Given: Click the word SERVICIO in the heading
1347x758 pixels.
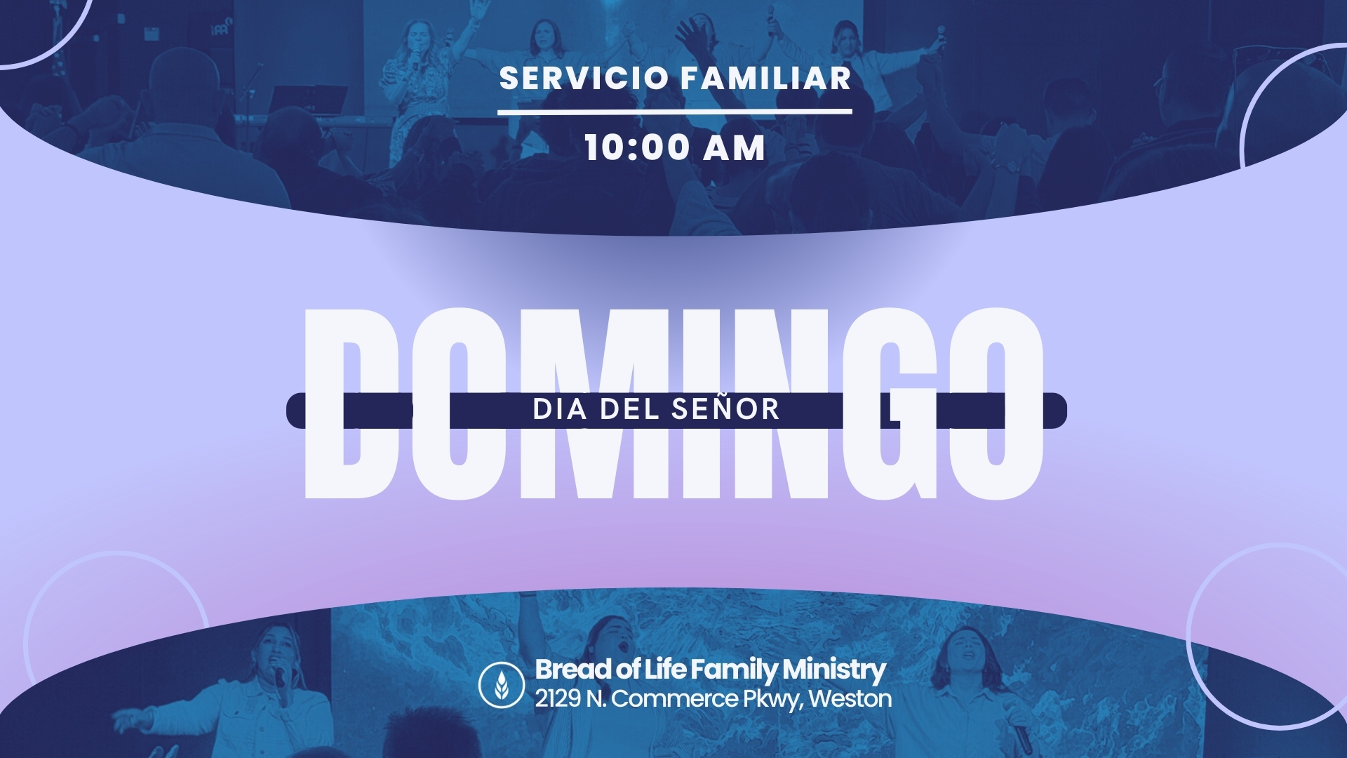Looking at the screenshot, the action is point(584,78).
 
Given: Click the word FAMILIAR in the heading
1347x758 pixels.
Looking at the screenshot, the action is point(766,78).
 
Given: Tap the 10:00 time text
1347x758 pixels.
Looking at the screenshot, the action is point(637,147).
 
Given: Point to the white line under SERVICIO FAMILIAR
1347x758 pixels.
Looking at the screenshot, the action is point(675,112).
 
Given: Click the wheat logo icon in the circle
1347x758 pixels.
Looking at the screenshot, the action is point(502,684).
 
